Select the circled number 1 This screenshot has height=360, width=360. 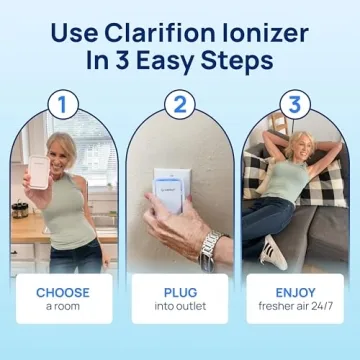(x=63, y=104)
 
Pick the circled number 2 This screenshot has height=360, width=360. (x=180, y=104)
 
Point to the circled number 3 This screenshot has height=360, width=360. (x=296, y=104)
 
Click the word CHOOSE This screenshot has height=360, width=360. (x=63, y=293)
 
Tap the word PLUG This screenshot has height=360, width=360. (x=180, y=293)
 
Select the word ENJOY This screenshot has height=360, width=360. (x=296, y=293)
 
